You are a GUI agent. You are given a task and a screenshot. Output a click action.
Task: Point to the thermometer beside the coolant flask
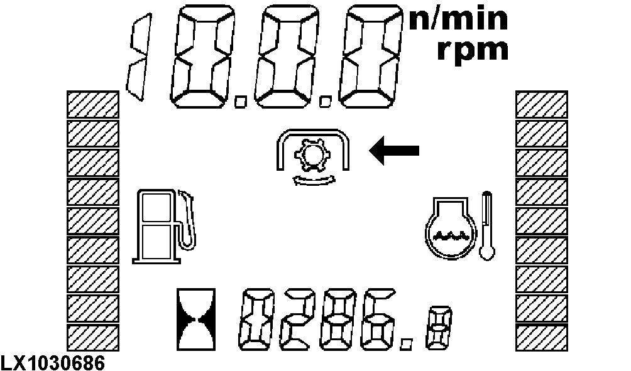click(487, 226)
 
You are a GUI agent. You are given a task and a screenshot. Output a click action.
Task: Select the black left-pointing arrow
click(395, 150)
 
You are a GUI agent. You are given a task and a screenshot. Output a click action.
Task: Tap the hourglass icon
click(196, 319)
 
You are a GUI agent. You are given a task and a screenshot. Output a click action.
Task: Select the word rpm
click(473, 50)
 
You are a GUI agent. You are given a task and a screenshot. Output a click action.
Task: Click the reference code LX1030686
click(53, 363)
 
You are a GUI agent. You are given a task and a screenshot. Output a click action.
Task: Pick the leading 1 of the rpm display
click(140, 57)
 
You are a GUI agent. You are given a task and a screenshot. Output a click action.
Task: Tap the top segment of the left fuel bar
click(92, 104)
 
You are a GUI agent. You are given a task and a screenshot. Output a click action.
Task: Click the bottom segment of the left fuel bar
click(92, 338)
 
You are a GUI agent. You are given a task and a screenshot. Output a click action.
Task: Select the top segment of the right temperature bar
click(542, 104)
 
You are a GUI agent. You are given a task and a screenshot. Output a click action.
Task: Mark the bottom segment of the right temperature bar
click(542, 338)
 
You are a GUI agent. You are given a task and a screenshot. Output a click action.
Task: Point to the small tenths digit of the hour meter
click(439, 328)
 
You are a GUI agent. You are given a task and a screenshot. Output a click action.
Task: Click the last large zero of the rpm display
click(371, 56)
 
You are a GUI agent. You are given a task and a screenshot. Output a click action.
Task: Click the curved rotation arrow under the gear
click(314, 180)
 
